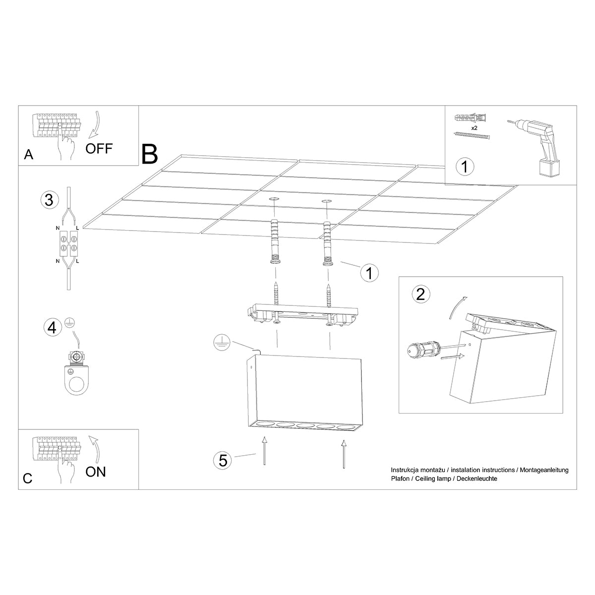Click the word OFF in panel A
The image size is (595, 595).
[99, 148]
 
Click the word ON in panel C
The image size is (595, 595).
[96, 472]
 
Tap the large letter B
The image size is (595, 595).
[149, 154]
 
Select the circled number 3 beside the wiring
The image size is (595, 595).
[49, 200]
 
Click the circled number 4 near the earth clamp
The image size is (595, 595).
[51, 327]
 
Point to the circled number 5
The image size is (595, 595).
[223, 460]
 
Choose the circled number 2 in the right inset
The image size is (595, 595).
[421, 295]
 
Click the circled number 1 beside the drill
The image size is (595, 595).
[465, 167]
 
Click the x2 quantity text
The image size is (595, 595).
[474, 128]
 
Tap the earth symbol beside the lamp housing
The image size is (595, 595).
[221, 342]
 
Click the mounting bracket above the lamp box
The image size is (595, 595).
[302, 315]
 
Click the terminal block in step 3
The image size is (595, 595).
[67, 244]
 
